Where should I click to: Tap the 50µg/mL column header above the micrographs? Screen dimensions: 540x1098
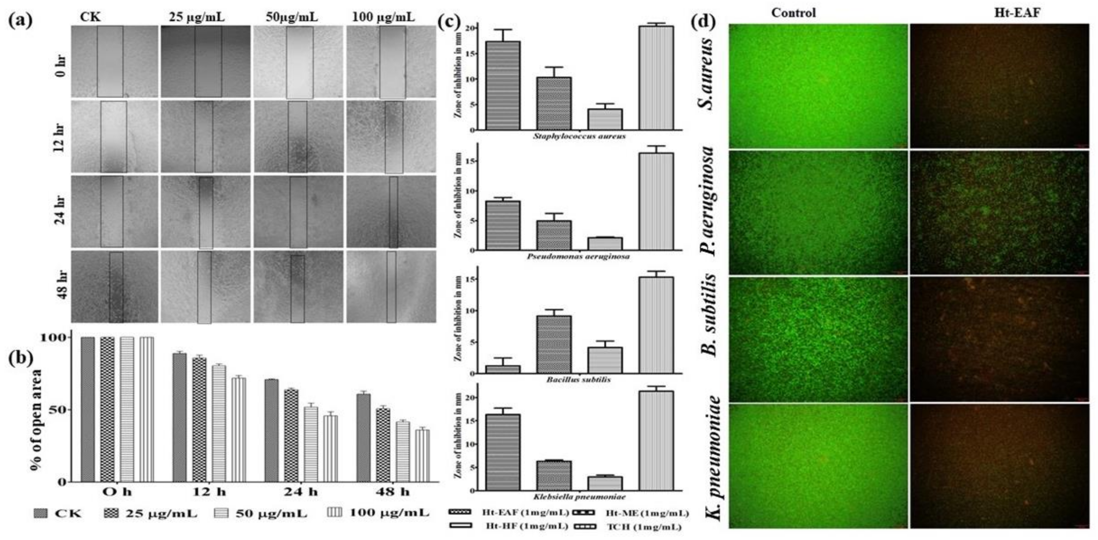(292, 17)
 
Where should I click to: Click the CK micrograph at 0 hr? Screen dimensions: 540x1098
(114, 61)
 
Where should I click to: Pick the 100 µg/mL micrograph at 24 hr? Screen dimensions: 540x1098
(391, 212)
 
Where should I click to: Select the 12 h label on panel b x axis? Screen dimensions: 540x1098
(209, 492)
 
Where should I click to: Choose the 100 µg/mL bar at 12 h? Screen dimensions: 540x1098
(238, 430)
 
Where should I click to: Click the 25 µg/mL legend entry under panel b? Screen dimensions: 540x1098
(151, 513)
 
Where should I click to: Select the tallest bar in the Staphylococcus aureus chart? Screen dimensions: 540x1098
(656, 78)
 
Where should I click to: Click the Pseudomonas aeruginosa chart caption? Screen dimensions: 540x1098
(578, 257)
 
